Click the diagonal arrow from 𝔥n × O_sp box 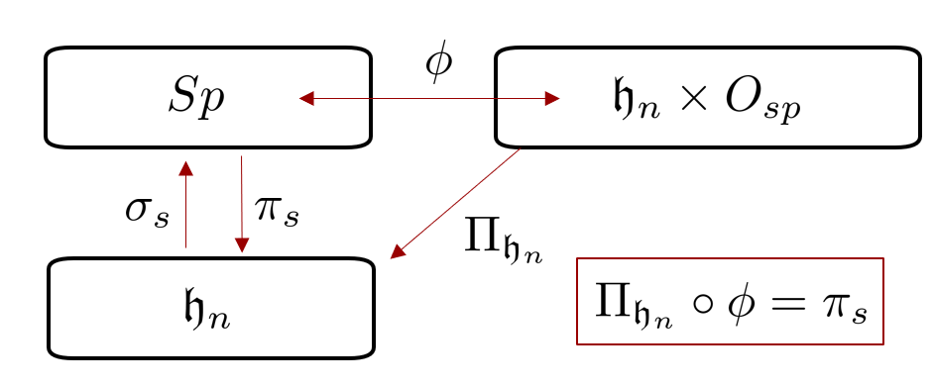point(456,203)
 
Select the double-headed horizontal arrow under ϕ point(429,98)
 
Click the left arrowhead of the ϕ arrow point(306,98)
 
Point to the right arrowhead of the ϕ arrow point(551,98)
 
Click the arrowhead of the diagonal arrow point(397,252)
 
